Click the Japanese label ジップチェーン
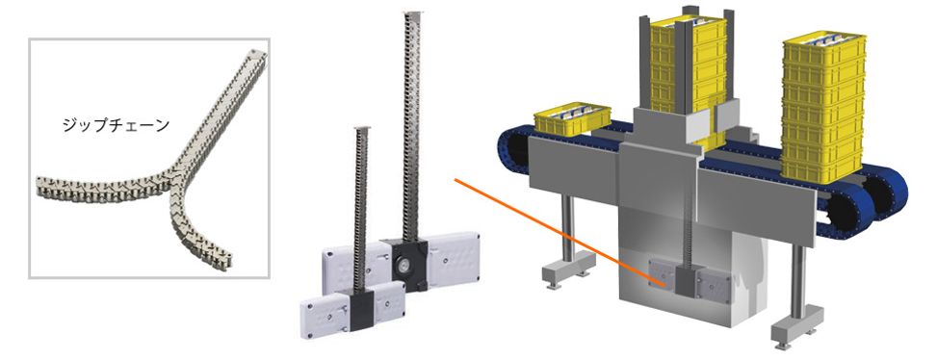[116, 125]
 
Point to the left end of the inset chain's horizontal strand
[40, 187]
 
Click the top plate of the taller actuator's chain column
[412, 13]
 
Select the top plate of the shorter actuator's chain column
[360, 128]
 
